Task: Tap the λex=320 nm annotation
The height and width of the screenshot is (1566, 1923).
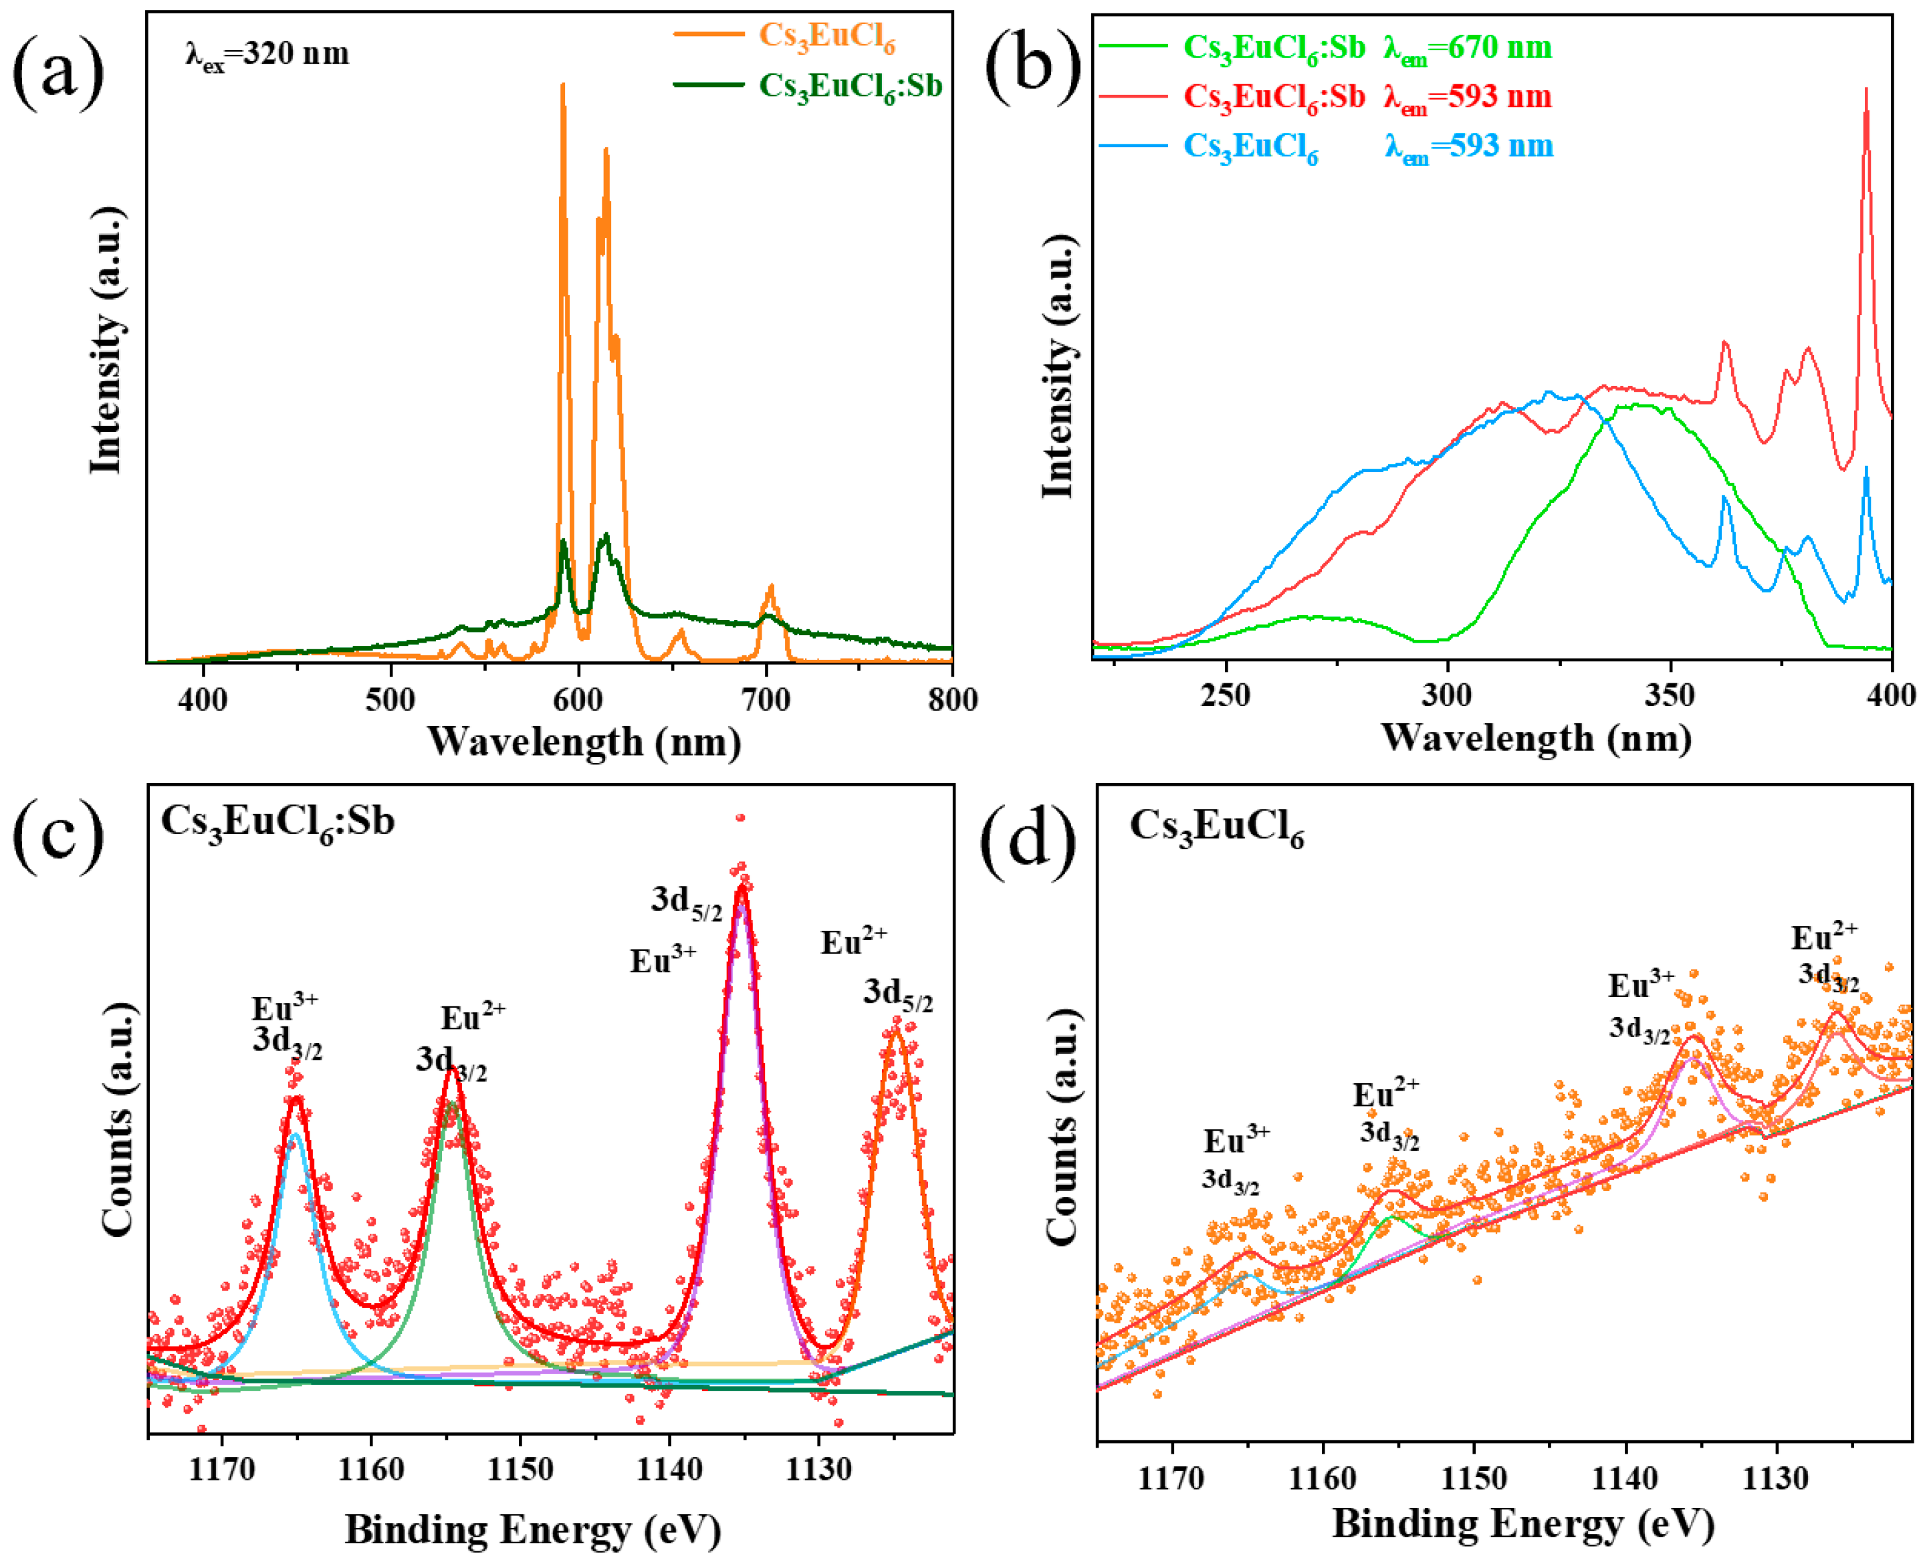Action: tap(267, 54)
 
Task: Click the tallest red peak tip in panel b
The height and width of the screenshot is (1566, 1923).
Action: tap(1865, 88)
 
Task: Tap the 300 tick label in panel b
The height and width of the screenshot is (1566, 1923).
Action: tap(1447, 695)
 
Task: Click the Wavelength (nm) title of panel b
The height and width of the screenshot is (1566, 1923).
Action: tap(1535, 738)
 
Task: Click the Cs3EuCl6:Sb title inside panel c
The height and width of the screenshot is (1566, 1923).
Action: tap(277, 821)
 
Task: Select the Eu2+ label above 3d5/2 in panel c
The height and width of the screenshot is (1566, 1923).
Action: tap(853, 943)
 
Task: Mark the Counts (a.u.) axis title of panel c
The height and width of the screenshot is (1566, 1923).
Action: tap(117, 1119)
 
